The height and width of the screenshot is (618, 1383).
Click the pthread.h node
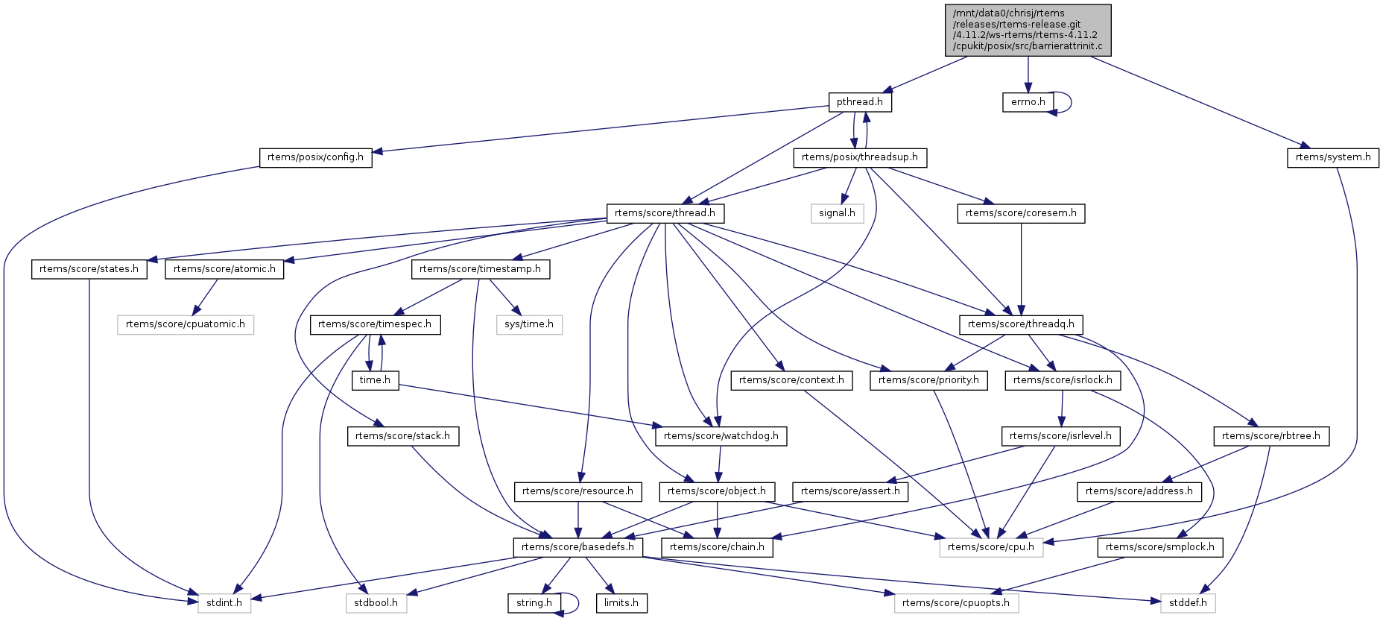coord(859,102)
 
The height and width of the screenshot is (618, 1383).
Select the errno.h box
coord(1028,102)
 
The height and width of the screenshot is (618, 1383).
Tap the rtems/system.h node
coord(1332,157)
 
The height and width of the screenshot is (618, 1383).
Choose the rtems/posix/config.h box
coord(315,157)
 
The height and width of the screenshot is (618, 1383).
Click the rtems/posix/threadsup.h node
coord(860,157)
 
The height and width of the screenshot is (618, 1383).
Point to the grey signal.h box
coord(837,213)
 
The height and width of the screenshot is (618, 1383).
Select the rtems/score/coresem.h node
coord(1021,213)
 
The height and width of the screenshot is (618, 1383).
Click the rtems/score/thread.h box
coord(665,213)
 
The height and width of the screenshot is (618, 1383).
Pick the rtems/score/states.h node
coord(89,269)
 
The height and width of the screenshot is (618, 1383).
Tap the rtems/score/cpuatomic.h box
coord(185,324)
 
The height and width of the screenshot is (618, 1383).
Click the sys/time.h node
coord(529,324)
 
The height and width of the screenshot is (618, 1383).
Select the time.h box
coord(375,380)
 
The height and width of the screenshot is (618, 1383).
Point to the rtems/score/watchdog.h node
coord(721,436)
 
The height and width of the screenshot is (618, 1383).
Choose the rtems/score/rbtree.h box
coord(1270,436)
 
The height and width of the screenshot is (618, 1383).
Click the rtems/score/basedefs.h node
coord(577,547)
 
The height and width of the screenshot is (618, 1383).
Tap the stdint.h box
coord(224,603)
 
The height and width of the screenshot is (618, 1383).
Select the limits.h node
coord(621,603)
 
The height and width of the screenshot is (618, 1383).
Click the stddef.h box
coord(1188,603)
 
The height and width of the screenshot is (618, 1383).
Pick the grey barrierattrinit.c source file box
coord(1028,30)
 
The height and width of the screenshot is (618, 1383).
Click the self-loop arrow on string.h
coord(577,603)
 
